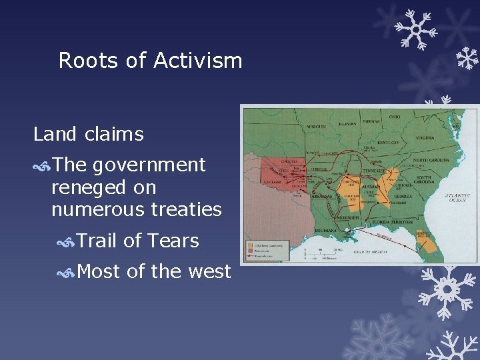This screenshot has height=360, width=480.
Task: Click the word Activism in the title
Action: point(197,61)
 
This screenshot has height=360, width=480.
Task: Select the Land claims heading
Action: point(88,134)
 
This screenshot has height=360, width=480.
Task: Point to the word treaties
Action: point(185,210)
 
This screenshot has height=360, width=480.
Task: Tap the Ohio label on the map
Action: point(395,117)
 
